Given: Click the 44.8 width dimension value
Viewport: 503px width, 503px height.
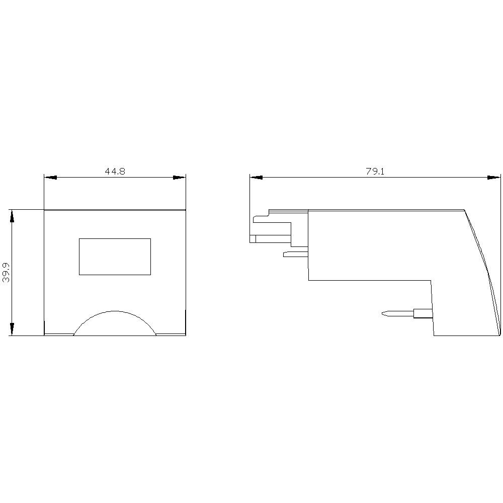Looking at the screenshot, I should point(115,171).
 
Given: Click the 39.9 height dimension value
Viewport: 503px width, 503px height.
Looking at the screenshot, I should point(6,272).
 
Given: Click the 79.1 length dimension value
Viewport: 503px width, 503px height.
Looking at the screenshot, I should point(375,171).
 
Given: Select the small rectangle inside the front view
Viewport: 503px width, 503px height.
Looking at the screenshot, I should point(115,257).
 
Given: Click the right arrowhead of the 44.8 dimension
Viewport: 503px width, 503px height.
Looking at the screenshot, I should point(180,178).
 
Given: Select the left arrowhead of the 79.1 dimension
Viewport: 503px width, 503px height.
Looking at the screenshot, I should point(256,178).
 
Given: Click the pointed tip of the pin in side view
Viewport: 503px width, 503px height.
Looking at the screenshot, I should point(384,314).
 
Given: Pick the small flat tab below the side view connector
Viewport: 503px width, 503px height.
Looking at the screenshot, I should point(295,254).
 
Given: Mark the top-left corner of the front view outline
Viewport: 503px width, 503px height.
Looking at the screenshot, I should point(44,210).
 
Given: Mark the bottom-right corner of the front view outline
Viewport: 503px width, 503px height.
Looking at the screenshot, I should point(186,335).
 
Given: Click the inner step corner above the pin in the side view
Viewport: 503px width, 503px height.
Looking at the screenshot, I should point(432,280).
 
